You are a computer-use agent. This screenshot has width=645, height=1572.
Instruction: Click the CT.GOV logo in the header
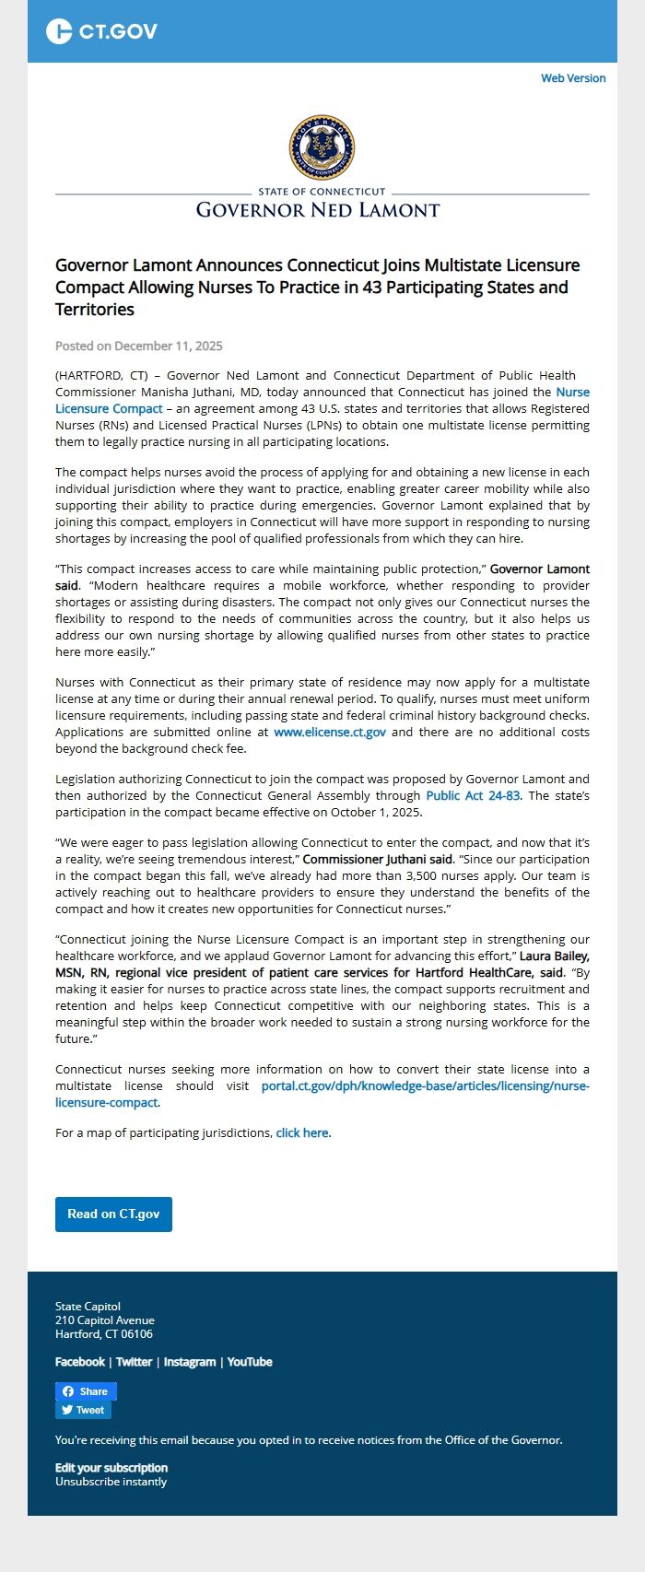click(101, 31)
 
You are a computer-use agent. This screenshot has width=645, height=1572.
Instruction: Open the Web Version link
click(573, 78)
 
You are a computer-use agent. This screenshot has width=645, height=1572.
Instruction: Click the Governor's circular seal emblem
click(322, 147)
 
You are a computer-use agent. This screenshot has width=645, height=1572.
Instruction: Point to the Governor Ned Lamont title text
click(318, 210)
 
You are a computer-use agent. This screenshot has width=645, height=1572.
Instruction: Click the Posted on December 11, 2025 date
click(139, 346)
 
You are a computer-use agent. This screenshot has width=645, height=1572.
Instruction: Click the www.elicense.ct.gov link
click(330, 732)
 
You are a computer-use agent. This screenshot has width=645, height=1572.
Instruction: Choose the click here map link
click(302, 1132)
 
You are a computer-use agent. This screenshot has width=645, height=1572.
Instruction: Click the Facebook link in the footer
click(80, 1362)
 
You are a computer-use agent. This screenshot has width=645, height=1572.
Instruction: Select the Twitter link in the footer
click(134, 1362)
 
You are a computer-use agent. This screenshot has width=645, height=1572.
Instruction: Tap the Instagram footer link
click(190, 1362)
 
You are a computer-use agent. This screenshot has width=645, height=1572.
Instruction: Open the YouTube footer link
click(250, 1362)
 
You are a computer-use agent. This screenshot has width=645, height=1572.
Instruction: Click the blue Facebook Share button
click(86, 1391)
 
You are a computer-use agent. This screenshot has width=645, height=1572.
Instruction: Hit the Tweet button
click(83, 1410)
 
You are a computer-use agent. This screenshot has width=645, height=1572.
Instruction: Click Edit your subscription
click(111, 1468)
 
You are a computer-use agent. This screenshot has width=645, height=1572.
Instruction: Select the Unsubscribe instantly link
click(111, 1482)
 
